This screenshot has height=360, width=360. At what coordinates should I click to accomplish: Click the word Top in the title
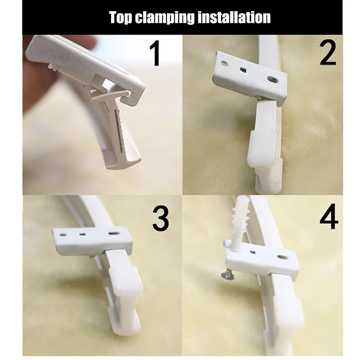[x=122, y=17]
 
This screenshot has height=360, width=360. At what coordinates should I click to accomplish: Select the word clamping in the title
[x=169, y=17]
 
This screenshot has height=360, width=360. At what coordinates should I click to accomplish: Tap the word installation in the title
[x=237, y=17]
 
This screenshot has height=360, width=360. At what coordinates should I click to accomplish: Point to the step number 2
[x=328, y=53]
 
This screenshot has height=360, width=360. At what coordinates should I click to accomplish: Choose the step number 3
[x=161, y=219]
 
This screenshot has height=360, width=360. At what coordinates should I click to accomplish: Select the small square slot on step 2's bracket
[x=243, y=71]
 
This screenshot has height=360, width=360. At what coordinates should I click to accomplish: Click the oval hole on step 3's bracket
[x=113, y=234]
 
